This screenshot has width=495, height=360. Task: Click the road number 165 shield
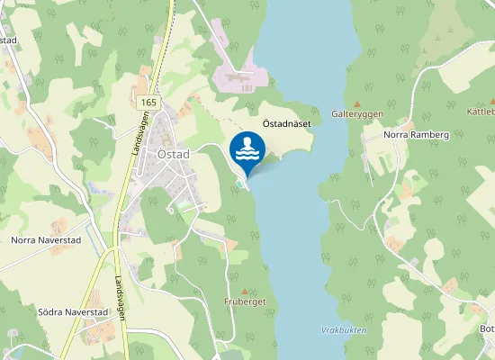(x=148, y=103)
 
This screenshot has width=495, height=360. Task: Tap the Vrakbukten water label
(x=344, y=330)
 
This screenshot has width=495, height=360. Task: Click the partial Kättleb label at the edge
(x=481, y=112)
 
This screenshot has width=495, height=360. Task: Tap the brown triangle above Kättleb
(x=475, y=99)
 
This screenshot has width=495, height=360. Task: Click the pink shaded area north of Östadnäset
(x=238, y=76)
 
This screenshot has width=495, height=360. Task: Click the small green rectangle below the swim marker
(x=238, y=186)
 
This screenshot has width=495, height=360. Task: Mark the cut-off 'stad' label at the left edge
(x=9, y=40)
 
